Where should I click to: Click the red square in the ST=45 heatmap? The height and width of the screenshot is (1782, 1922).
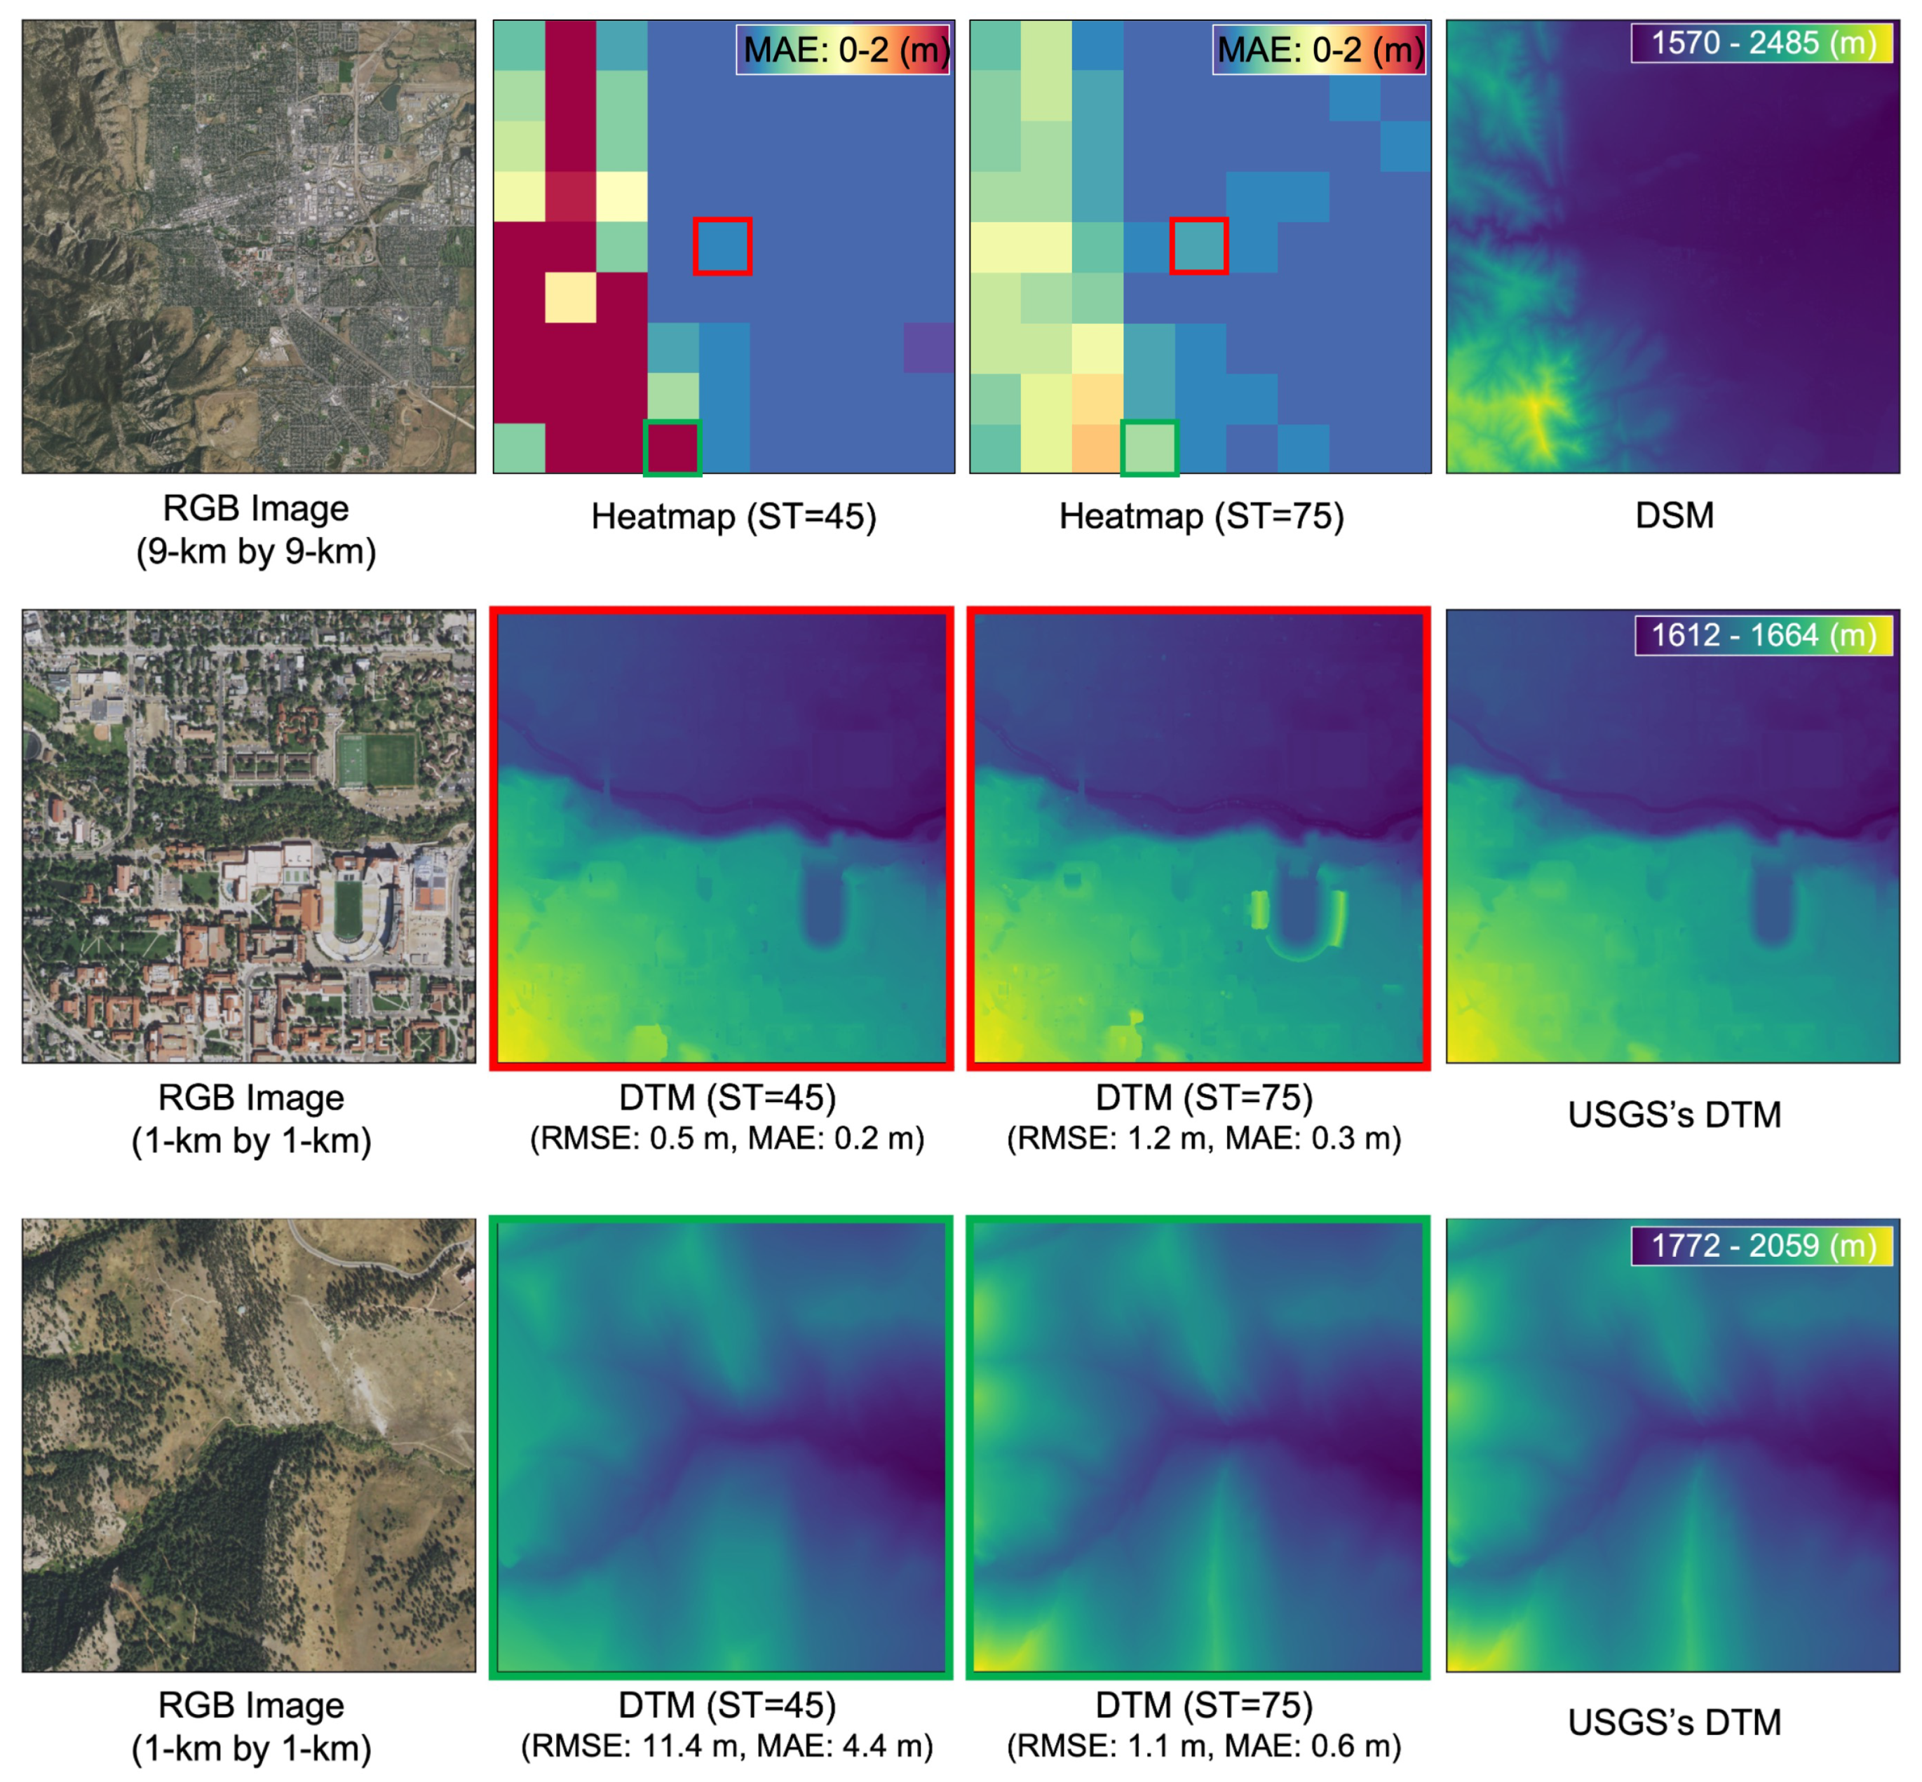[x=722, y=246]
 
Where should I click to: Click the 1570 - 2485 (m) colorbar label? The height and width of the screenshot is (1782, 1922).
[x=1761, y=43]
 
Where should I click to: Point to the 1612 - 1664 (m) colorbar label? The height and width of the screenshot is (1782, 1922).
[x=1763, y=635]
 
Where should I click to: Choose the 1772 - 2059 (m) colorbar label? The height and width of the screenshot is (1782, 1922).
[x=1761, y=1245]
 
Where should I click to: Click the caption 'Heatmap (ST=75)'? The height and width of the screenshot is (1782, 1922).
[x=1200, y=516]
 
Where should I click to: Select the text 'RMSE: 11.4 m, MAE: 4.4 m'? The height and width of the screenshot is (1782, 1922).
[x=726, y=1746]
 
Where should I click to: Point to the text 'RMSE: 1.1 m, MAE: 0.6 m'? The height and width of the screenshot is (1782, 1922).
[x=1203, y=1746]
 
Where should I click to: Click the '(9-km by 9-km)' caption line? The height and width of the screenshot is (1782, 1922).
[x=255, y=552]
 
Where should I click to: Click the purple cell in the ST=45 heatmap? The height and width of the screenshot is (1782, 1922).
[x=928, y=347]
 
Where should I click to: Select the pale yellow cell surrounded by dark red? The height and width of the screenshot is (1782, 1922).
[x=570, y=297]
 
